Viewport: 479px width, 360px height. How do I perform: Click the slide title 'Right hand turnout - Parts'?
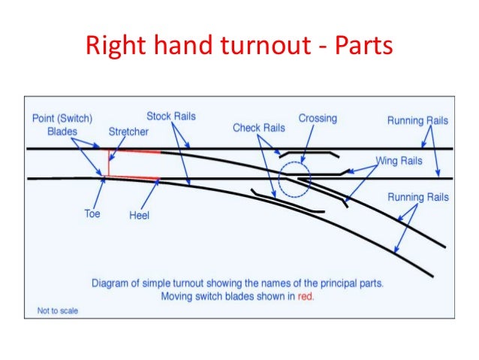pyautogui.click(x=239, y=46)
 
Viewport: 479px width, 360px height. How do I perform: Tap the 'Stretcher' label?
pyautogui.click(x=128, y=132)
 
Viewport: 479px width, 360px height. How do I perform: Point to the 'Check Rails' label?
pyautogui.click(x=258, y=128)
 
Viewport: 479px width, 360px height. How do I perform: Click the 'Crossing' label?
pyautogui.click(x=318, y=118)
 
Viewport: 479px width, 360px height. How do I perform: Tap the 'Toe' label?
pyautogui.click(x=92, y=213)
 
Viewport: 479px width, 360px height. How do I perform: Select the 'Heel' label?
pyautogui.click(x=140, y=215)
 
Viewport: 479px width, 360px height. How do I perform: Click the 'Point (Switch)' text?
pyautogui.click(x=62, y=119)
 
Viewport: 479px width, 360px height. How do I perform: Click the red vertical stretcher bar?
pyautogui.click(x=107, y=163)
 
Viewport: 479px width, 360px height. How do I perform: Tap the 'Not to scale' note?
pyautogui.click(x=58, y=310)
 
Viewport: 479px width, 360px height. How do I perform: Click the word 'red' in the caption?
pyautogui.click(x=305, y=296)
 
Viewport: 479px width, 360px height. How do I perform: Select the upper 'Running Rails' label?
pyautogui.click(x=417, y=120)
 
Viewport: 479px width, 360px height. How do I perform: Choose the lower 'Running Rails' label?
pyautogui.click(x=417, y=197)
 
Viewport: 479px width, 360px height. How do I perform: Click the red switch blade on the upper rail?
pyautogui.click(x=135, y=152)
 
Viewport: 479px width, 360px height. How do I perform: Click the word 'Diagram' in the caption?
pyautogui.click(x=114, y=283)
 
